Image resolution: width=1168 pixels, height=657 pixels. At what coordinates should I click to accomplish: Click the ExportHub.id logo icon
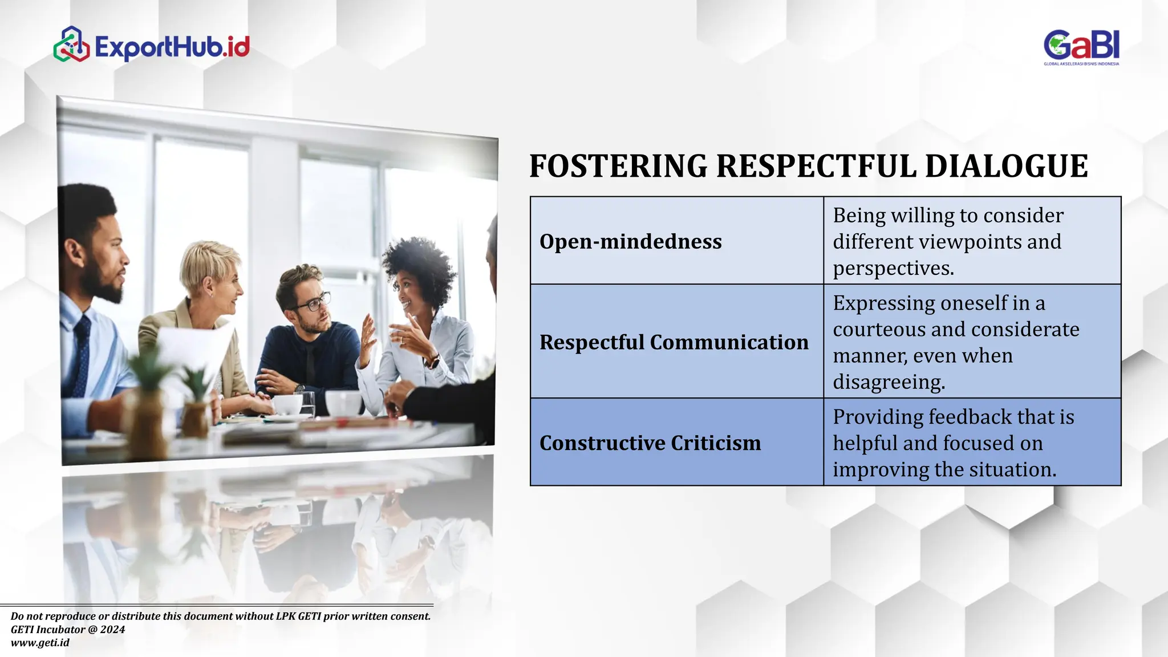[71, 44]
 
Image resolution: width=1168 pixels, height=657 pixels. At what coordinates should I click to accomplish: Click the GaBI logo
[1081, 47]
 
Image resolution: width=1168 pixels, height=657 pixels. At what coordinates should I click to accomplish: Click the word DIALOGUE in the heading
[1006, 166]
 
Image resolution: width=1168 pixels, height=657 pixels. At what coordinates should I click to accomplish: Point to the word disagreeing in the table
[889, 382]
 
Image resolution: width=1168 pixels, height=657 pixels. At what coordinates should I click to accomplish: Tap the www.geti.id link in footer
[40, 643]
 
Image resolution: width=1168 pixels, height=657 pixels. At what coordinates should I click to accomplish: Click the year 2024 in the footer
[112, 630]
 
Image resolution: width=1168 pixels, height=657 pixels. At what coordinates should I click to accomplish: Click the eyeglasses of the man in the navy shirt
[312, 302]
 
